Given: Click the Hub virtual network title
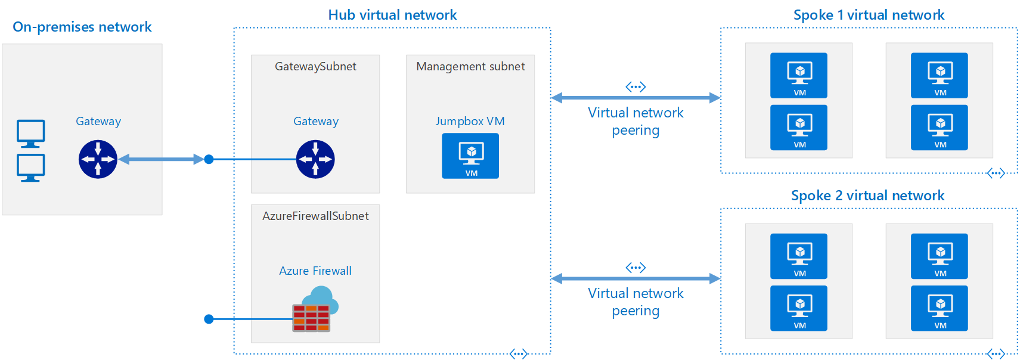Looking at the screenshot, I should (x=392, y=15).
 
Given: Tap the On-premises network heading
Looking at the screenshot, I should (x=82, y=27).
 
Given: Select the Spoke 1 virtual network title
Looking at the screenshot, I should (x=869, y=15).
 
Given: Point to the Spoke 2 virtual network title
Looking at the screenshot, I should (x=867, y=195).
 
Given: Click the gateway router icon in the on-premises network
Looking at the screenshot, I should (x=98, y=159).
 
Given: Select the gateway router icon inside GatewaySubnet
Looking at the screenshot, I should (x=315, y=159).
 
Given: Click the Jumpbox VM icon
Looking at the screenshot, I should (x=470, y=156).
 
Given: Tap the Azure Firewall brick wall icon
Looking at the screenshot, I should (x=311, y=317).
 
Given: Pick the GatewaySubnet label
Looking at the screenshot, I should (x=315, y=67).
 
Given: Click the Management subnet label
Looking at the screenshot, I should (x=470, y=67).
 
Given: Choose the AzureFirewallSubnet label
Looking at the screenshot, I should (x=315, y=216).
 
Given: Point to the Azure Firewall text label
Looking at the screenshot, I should (x=315, y=271).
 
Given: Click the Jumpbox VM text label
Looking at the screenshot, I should (x=470, y=121).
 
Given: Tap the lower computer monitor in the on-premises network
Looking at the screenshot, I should (x=30, y=167).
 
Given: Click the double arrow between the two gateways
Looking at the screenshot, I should (x=161, y=159).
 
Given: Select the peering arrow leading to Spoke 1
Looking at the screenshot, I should (x=635, y=98).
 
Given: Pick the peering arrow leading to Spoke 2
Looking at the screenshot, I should (x=635, y=278).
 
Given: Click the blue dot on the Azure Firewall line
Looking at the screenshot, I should (x=209, y=319).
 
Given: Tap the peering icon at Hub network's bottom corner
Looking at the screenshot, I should (x=519, y=354).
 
